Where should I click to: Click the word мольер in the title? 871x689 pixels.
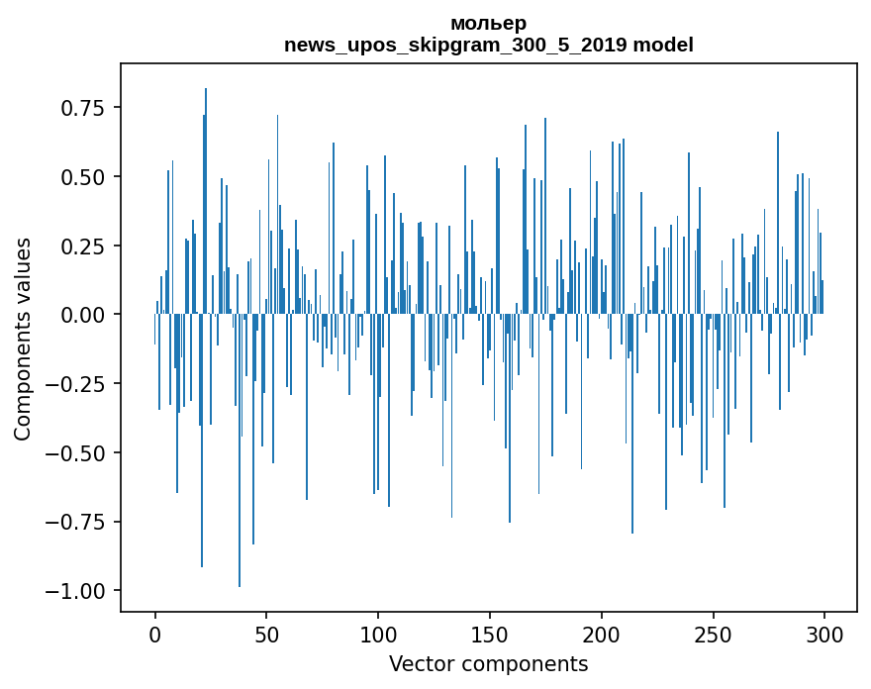tap(488, 23)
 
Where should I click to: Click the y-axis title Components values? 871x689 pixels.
tap(23, 339)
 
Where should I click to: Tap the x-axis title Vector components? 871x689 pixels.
tap(488, 663)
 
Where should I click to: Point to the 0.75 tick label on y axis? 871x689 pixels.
tap(83, 107)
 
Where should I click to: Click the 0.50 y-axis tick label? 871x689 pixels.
tap(83, 177)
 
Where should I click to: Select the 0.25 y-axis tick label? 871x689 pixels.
tap(83, 246)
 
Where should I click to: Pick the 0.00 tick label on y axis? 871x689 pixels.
tap(83, 315)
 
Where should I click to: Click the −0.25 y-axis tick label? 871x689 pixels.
tap(77, 384)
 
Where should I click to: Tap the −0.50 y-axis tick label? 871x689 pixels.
tap(77, 452)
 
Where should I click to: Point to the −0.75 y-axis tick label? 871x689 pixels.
tap(77, 522)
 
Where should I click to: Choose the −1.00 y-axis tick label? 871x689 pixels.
tap(77, 591)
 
